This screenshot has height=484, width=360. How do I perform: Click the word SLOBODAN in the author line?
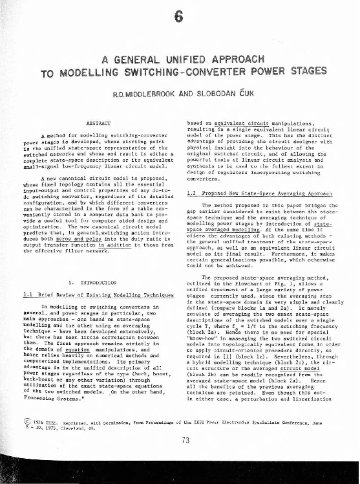218,94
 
